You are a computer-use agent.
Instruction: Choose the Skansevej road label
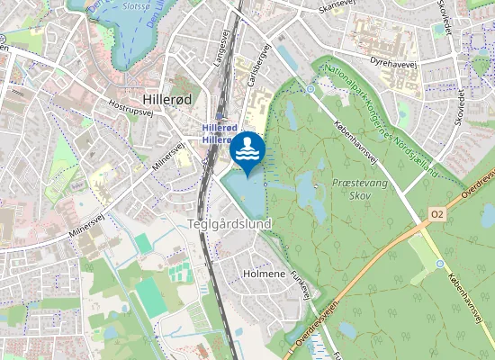(337, 7)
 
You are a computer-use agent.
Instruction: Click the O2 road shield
(437, 213)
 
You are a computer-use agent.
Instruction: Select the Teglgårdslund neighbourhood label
(229, 223)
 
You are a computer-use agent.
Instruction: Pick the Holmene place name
(265, 273)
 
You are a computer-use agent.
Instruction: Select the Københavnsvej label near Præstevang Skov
(355, 141)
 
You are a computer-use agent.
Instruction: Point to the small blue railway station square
(219, 116)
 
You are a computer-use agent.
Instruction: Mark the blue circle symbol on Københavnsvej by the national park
(310, 89)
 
